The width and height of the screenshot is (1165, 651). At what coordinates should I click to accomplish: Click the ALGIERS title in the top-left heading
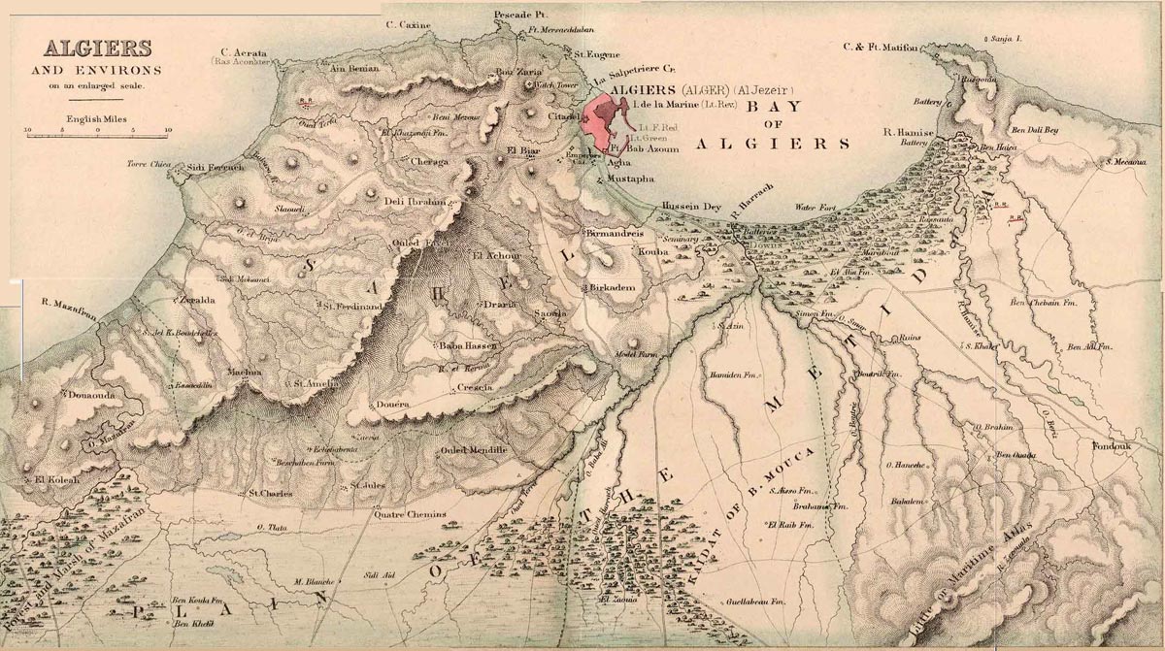point(83,48)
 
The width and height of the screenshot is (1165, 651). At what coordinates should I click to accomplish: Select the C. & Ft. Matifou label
point(881,47)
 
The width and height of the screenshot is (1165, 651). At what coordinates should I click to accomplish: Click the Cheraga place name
point(430,161)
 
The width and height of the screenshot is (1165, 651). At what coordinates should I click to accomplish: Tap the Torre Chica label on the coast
point(149,165)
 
